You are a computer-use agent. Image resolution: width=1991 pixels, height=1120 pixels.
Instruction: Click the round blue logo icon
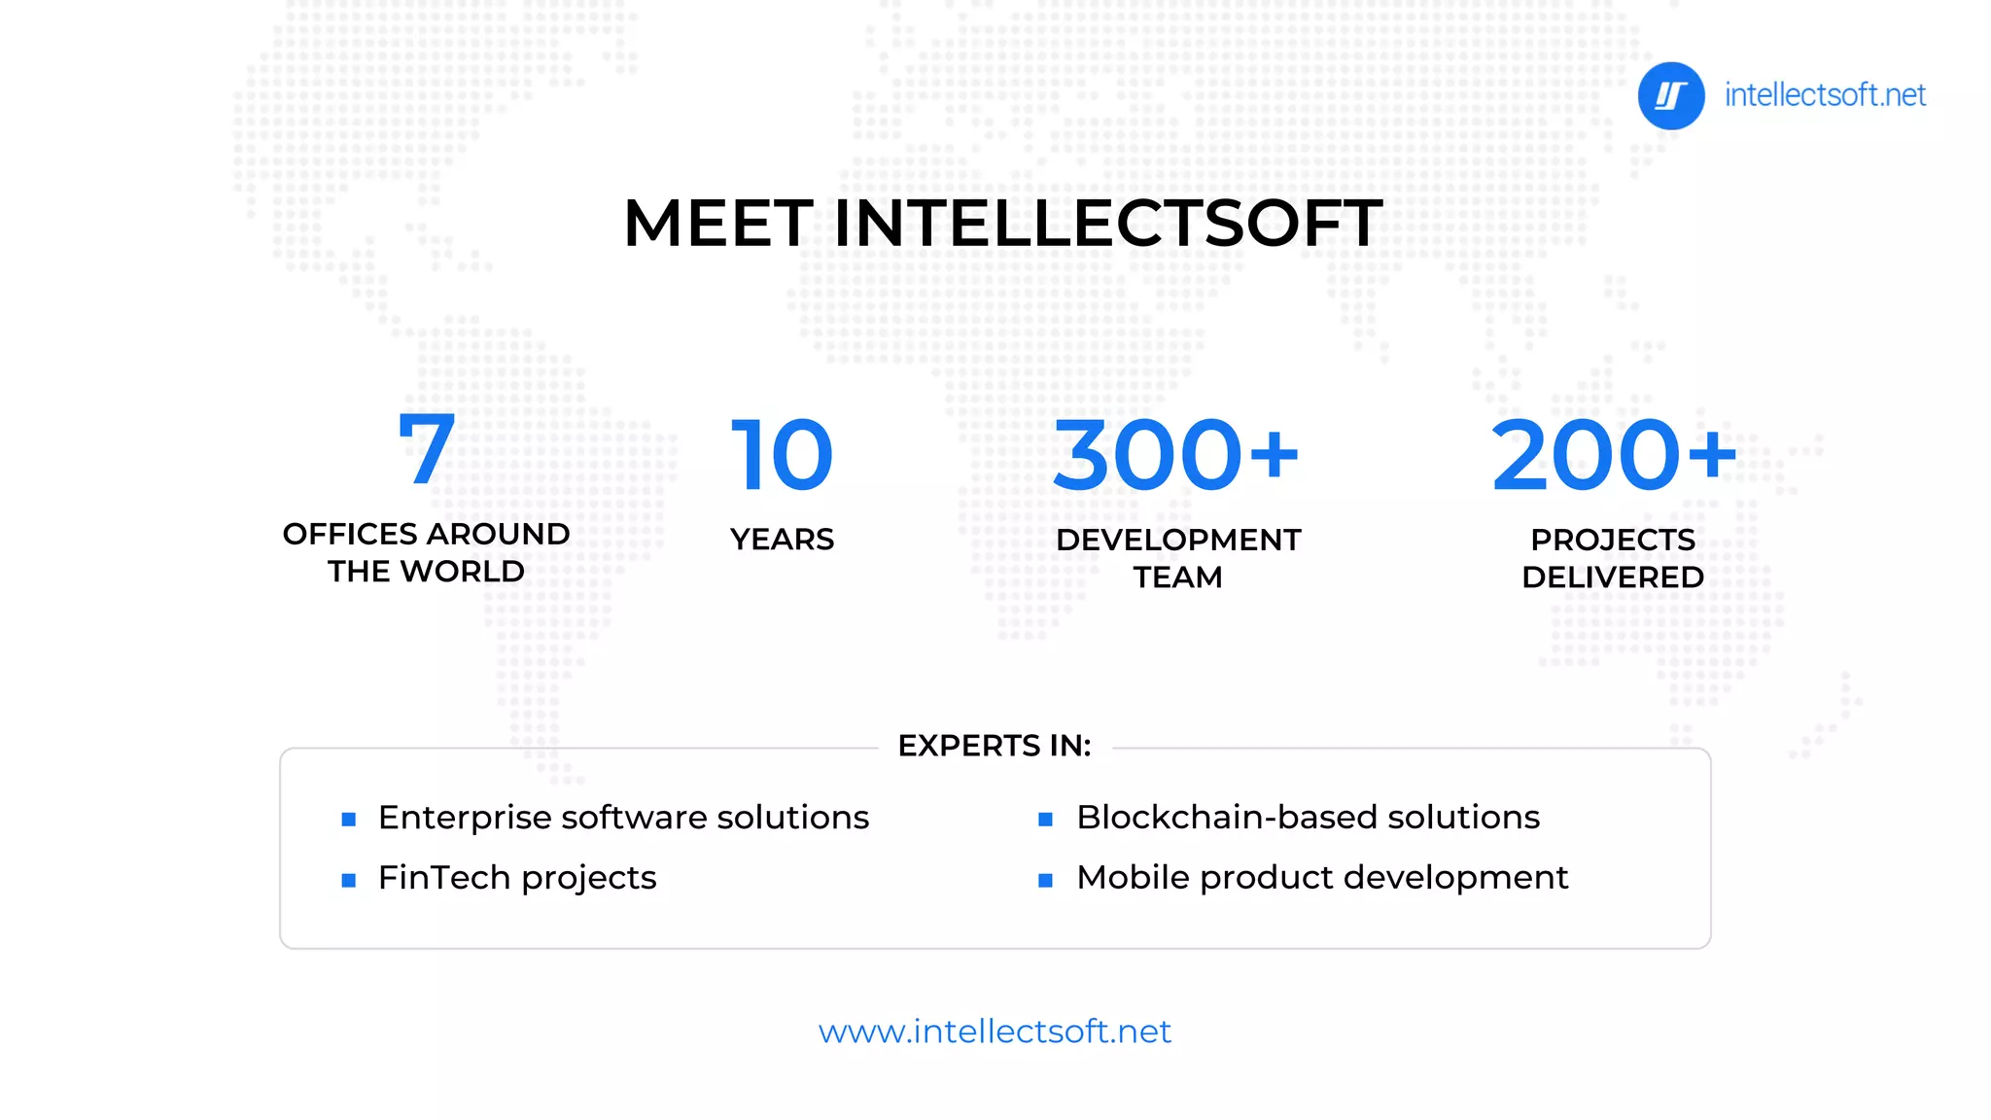[x=1670, y=96]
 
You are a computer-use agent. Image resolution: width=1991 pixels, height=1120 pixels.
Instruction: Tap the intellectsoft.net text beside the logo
[x=1825, y=95]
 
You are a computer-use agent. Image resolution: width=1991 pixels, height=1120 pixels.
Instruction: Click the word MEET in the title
[x=717, y=224]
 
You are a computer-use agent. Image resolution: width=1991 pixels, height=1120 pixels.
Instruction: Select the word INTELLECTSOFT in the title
[x=1108, y=224]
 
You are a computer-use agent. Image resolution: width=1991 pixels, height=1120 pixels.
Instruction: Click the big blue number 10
[x=782, y=455]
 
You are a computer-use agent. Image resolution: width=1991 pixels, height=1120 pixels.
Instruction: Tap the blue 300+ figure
[x=1175, y=455]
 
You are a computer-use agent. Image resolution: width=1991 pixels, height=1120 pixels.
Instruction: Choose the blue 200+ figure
[x=1613, y=455]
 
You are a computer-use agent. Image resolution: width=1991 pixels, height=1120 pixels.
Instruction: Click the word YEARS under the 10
[x=782, y=540]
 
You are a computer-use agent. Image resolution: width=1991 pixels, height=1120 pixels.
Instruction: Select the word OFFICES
[x=350, y=534]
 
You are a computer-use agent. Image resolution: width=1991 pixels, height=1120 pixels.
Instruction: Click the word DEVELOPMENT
[x=1178, y=540]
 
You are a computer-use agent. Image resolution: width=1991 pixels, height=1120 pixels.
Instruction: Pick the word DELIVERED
[x=1612, y=577]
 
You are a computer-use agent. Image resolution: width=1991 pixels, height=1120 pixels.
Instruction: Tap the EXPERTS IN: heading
[x=994, y=746]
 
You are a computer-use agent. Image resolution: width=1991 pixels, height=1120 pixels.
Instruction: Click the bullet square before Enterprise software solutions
[x=349, y=820]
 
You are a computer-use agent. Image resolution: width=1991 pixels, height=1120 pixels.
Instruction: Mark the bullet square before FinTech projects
[x=349, y=881]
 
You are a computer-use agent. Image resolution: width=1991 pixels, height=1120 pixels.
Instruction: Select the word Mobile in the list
[x=1132, y=878]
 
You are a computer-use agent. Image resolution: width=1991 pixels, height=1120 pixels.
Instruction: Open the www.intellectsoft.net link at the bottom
[x=995, y=1032]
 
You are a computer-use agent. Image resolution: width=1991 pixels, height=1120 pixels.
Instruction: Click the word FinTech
[x=443, y=878]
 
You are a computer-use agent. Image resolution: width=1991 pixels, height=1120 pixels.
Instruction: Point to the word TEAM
[x=1177, y=577]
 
